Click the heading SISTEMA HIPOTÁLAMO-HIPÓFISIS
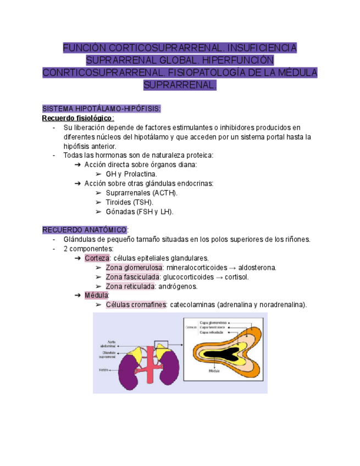coord(101,109)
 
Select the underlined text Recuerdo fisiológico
coord(77,118)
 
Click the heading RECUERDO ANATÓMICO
coord(85,230)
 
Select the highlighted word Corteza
coord(96,258)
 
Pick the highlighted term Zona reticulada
coord(129,286)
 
